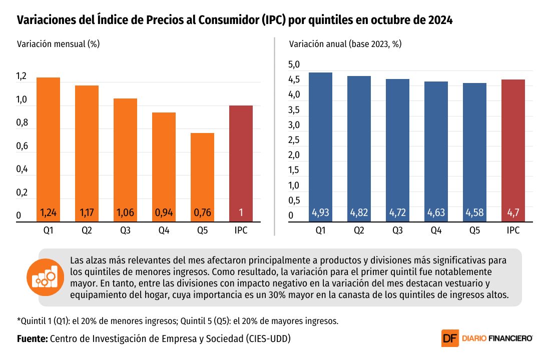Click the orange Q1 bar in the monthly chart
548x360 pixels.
pyautogui.click(x=48, y=145)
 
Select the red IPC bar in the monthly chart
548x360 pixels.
pyautogui.click(x=241, y=160)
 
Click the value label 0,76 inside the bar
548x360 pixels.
pyautogui.click(x=202, y=213)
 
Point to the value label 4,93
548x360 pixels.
pyautogui.click(x=320, y=213)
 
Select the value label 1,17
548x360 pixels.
pyautogui.click(x=87, y=213)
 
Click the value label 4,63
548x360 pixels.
pyautogui.click(x=436, y=213)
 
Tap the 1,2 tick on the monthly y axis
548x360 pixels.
pyautogui.click(x=22, y=77)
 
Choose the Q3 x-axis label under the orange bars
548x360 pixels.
pyautogui.click(x=125, y=230)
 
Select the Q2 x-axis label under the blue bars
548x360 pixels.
pyautogui.click(x=359, y=230)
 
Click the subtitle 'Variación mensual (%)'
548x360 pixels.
pyautogui.click(x=58, y=43)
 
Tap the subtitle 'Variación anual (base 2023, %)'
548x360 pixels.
pyautogui.click(x=345, y=43)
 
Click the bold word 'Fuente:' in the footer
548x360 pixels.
pyautogui.click(x=32, y=338)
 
